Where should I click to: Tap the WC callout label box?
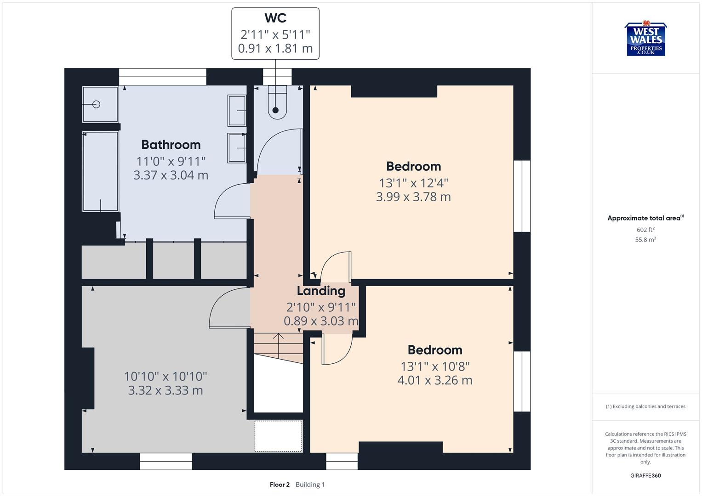click(x=275, y=34)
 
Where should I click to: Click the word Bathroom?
click(x=171, y=145)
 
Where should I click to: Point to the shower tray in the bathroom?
click(x=100, y=104)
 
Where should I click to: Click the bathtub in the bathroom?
click(x=100, y=171)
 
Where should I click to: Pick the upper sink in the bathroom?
click(x=237, y=110)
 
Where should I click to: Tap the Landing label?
click(x=320, y=291)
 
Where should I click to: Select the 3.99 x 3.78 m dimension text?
click(x=413, y=197)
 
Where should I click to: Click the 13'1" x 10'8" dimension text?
click(x=434, y=366)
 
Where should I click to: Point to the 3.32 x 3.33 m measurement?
click(x=165, y=390)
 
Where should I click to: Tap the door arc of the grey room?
click(x=228, y=308)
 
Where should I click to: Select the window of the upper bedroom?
click(x=522, y=196)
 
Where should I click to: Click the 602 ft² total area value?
click(x=645, y=230)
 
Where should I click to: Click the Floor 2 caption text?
click(x=280, y=485)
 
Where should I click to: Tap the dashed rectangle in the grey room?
click(x=278, y=436)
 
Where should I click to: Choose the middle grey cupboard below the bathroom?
click(x=173, y=260)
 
